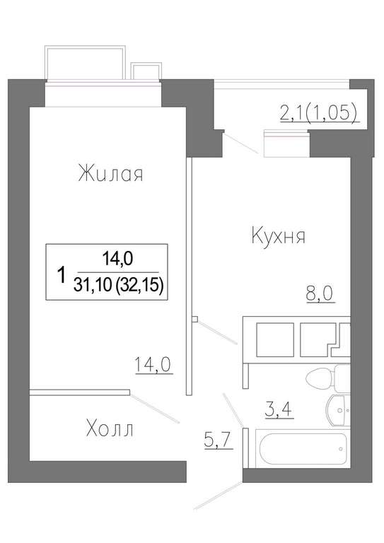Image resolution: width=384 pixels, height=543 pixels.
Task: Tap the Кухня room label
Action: point(278,236)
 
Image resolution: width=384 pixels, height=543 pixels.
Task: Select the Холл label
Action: point(110,429)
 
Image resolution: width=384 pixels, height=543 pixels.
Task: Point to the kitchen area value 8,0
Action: point(319,294)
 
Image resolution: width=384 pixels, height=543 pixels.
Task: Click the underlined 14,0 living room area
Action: point(153,365)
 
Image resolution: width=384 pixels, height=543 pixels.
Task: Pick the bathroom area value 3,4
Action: point(279,409)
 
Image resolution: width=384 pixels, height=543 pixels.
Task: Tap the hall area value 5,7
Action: point(218,440)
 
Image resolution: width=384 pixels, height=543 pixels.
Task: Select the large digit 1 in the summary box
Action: point(62,274)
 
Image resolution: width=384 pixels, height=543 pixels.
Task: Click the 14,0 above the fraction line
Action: point(117,258)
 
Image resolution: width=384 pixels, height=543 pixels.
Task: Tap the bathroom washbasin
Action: point(339,410)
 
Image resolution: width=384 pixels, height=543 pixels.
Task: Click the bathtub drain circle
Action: point(341,449)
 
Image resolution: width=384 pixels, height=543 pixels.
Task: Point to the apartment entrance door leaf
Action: point(218,495)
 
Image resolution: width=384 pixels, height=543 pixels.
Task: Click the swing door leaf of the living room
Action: point(155,407)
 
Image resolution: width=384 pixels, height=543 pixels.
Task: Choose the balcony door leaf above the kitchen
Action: point(241,143)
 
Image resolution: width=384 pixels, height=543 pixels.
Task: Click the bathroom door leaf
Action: point(233,411)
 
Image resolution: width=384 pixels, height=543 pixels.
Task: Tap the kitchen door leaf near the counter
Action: point(217,332)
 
